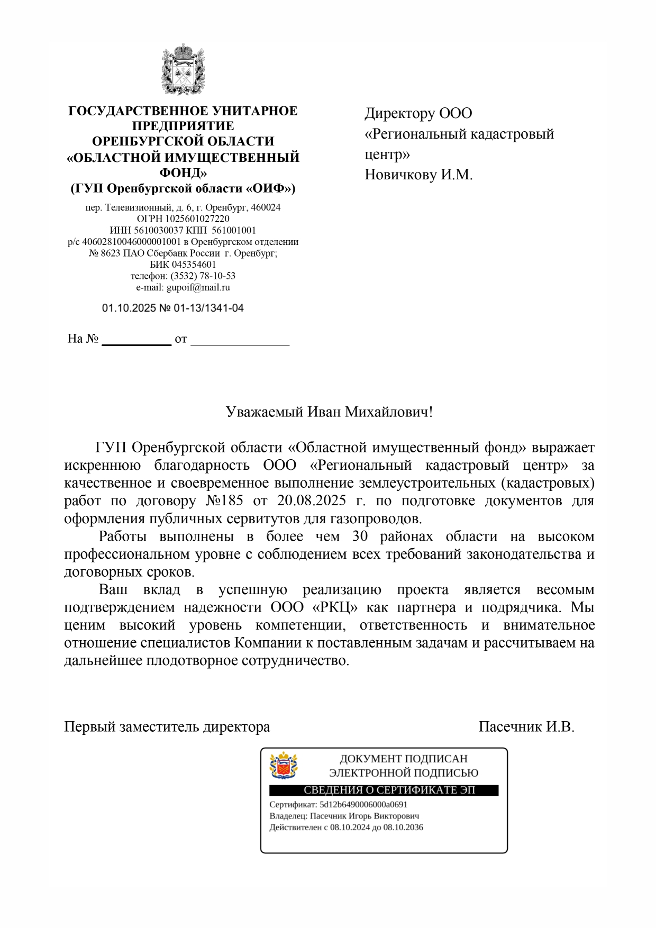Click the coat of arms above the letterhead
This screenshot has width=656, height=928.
pos(183,69)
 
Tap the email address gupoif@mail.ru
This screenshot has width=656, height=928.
pos(198,288)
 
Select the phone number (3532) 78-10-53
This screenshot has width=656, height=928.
pos(203,276)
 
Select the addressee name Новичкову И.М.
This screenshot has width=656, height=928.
pos(418,175)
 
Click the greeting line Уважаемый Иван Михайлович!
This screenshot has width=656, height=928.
pos(329,412)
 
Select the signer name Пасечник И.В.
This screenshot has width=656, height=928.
pos(526,727)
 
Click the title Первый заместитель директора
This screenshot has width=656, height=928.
pos(167,727)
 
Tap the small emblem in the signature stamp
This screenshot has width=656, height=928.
pos(284,766)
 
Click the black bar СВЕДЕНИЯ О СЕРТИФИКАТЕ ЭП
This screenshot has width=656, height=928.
pos(384,790)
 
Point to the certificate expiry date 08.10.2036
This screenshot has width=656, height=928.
pos(403,827)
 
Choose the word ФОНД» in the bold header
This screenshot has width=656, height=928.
pos(183,172)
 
